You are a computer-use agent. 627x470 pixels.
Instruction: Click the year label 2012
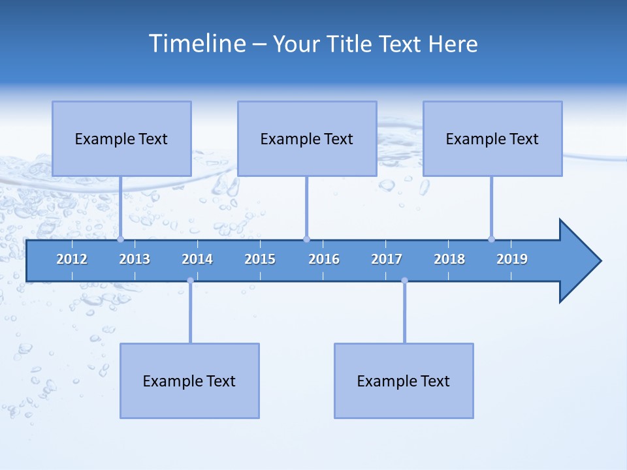pyautogui.click(x=72, y=259)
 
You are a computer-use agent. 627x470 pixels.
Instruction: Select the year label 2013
pyautogui.click(x=135, y=259)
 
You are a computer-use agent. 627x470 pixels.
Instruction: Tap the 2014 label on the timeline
pyautogui.click(x=197, y=259)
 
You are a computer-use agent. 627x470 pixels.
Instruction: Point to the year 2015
pyautogui.click(x=260, y=259)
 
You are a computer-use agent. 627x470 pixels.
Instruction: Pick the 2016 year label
pyautogui.click(x=324, y=259)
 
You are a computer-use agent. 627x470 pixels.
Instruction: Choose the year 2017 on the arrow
pyautogui.click(x=387, y=259)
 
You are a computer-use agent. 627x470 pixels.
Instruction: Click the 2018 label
pyautogui.click(x=449, y=259)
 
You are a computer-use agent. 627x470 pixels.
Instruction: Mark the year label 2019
pyautogui.click(x=512, y=259)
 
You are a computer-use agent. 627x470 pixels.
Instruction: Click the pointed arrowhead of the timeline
pyautogui.click(x=581, y=261)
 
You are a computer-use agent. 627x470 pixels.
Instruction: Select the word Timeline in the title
pyautogui.click(x=197, y=44)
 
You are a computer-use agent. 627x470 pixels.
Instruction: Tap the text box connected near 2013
pyautogui.click(x=121, y=138)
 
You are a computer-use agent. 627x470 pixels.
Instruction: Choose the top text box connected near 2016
pyautogui.click(x=307, y=138)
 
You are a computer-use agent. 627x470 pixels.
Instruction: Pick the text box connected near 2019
pyautogui.click(x=492, y=138)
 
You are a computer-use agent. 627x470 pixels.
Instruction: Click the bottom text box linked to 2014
pyautogui.click(x=189, y=381)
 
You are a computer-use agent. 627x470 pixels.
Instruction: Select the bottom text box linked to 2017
pyautogui.click(x=404, y=381)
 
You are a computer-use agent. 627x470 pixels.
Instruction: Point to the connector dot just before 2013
pyautogui.click(x=120, y=239)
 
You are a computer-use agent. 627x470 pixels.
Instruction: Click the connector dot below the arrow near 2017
pyautogui.click(x=404, y=281)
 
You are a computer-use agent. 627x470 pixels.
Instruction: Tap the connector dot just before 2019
pyautogui.click(x=491, y=239)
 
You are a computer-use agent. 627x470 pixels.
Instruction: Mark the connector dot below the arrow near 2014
pyautogui.click(x=190, y=281)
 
